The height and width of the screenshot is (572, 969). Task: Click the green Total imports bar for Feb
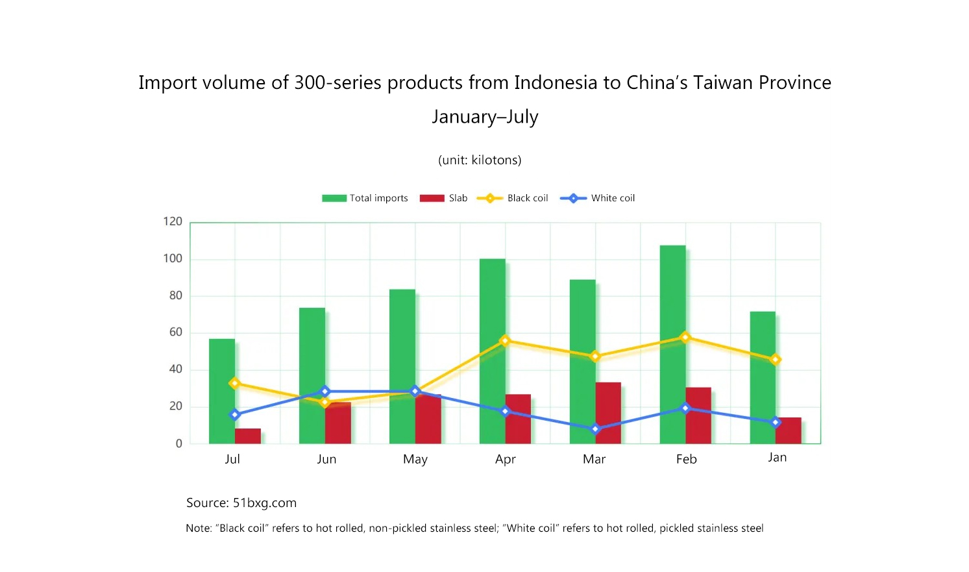(x=672, y=344)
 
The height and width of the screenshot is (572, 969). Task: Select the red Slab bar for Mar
(x=608, y=413)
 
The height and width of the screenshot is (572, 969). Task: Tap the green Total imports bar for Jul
(x=222, y=391)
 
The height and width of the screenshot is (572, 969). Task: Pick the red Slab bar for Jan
(x=789, y=430)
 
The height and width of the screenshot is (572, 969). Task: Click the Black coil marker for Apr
(x=505, y=341)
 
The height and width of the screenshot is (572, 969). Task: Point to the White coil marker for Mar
(x=595, y=429)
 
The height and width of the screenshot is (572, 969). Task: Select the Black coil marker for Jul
(x=235, y=384)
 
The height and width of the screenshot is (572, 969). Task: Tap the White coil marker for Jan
(x=775, y=423)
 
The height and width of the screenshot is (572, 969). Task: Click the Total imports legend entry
(x=365, y=198)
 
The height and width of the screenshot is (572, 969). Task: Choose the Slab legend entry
(x=443, y=198)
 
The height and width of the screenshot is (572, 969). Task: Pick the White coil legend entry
(x=597, y=198)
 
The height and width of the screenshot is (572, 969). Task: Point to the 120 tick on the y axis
(x=173, y=221)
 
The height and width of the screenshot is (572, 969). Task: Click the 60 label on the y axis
(x=176, y=332)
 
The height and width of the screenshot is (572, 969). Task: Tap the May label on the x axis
(x=415, y=459)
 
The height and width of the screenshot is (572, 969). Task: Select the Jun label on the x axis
(x=326, y=459)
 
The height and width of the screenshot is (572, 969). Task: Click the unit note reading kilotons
(x=496, y=160)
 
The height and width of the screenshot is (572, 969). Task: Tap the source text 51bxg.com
(x=265, y=503)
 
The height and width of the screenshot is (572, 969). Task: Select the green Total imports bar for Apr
(x=493, y=351)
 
